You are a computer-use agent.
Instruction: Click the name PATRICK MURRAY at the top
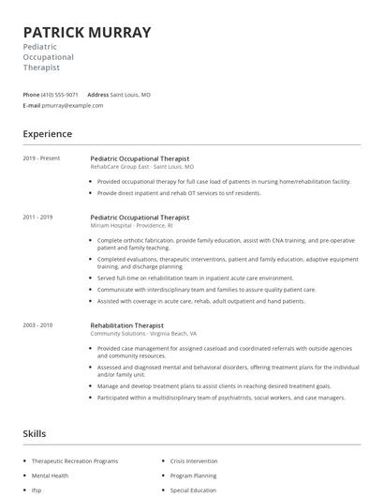(x=86, y=32)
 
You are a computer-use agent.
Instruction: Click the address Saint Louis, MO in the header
(x=130, y=95)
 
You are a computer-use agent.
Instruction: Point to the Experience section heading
(x=48, y=134)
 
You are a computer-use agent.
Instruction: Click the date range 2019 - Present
(x=42, y=158)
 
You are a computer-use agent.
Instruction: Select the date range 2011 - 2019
(x=38, y=217)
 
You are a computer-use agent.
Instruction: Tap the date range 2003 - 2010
(x=38, y=324)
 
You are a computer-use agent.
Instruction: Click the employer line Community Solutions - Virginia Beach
(x=143, y=333)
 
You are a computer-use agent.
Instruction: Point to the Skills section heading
(x=35, y=434)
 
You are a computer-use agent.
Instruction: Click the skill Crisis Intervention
(x=194, y=461)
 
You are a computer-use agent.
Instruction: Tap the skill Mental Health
(x=50, y=475)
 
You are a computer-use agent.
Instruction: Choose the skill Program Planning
(x=193, y=475)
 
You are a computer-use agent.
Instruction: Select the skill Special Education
(x=193, y=489)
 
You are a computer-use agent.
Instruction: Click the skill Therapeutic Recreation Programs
(x=75, y=461)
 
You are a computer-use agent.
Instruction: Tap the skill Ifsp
(x=37, y=489)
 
